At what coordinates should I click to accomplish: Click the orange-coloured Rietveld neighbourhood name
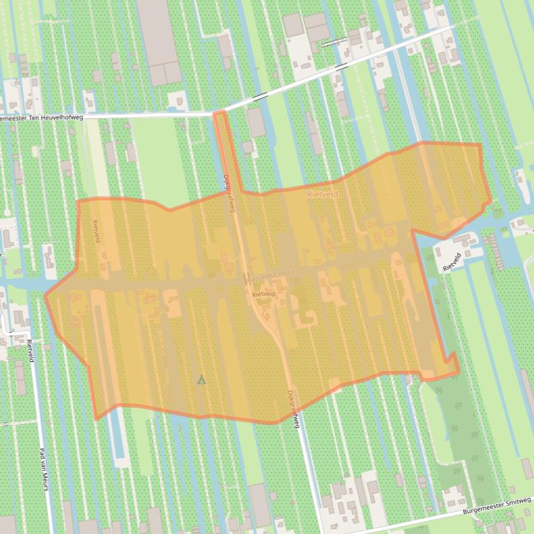click(x=323, y=195)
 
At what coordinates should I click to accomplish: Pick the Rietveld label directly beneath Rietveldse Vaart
click(x=264, y=294)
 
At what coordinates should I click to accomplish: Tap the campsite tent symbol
click(x=201, y=379)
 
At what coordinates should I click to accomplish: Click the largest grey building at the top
click(x=159, y=42)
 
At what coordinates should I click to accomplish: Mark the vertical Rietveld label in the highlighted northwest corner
click(x=97, y=231)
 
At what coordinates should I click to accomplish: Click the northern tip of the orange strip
click(x=219, y=113)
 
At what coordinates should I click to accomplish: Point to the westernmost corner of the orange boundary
click(x=46, y=296)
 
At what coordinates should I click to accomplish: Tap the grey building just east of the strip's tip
click(x=256, y=122)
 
